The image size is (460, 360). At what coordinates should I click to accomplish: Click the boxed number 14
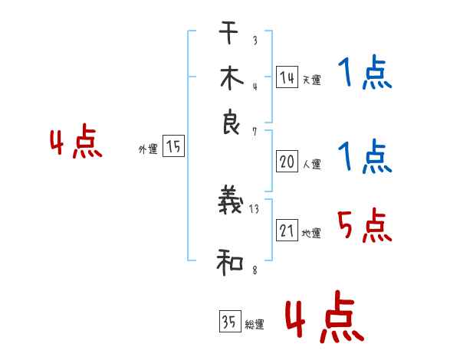coord(287,77)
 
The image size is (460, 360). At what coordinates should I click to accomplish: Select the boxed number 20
coord(287,162)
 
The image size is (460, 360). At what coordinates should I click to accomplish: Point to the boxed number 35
coord(229,322)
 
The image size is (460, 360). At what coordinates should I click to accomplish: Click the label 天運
coord(311,80)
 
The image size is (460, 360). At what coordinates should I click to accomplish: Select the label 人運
coord(311,164)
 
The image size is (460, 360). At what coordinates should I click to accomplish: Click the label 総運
coord(255,325)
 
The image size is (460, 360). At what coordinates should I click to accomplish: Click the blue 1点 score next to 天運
coord(364,75)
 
